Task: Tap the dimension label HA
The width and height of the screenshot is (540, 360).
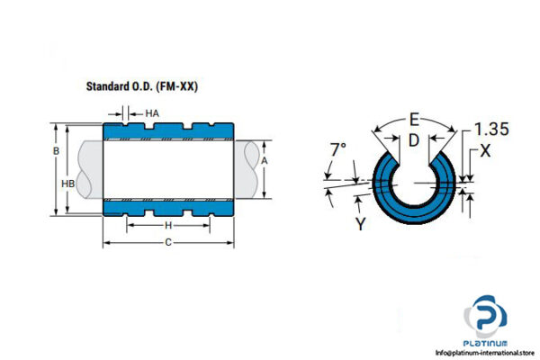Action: (x=152, y=113)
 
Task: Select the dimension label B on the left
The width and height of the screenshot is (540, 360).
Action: (x=57, y=151)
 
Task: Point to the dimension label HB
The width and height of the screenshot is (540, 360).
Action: (x=67, y=183)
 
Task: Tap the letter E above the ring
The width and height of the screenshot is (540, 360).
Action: (x=413, y=118)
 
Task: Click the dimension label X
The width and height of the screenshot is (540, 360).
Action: (x=485, y=151)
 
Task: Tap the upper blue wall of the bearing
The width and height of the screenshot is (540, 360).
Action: (x=167, y=131)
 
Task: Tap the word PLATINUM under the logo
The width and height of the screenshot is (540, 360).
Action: (x=488, y=343)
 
